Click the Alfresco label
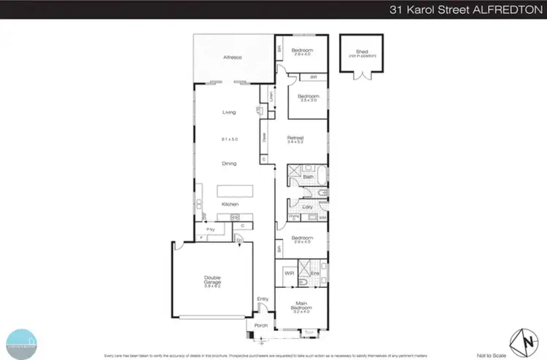(x=232, y=57)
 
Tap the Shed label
(x=362, y=51)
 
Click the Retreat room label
(x=295, y=138)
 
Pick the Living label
(x=230, y=112)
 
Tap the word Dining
(x=230, y=164)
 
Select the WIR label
(x=289, y=273)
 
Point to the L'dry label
(x=308, y=208)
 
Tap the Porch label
(x=260, y=325)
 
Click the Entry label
(x=263, y=299)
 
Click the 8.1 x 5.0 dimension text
(x=230, y=138)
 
